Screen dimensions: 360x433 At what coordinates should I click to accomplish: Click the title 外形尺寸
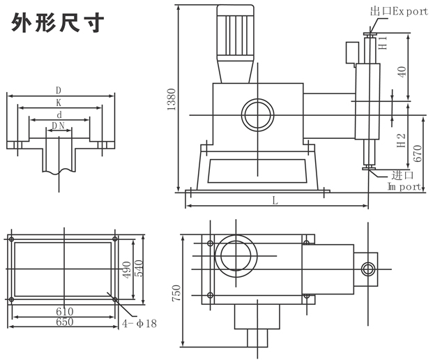[58, 23]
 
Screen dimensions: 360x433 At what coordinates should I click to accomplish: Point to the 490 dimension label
[126, 269]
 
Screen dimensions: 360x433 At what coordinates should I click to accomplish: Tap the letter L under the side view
[275, 201]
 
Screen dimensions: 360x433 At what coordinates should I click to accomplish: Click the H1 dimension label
[383, 43]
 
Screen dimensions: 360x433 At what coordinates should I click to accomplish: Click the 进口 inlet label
[403, 174]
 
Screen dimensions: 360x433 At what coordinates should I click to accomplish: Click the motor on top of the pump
[236, 31]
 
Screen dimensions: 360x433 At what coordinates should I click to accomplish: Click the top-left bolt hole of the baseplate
[12, 239]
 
